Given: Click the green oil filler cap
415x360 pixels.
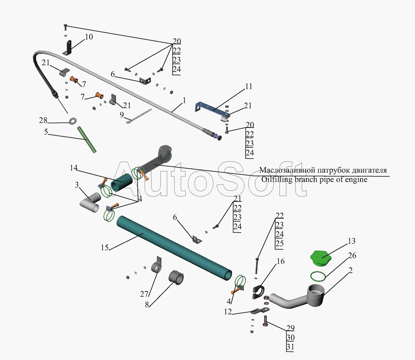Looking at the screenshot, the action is pos(320,258).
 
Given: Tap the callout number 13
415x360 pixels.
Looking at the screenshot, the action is pos(352,241).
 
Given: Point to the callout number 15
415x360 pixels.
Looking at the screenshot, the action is pos(105,248).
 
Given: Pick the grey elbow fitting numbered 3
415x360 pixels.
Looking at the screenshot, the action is pos(90,202).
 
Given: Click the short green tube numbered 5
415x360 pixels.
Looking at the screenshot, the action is pos(87,139).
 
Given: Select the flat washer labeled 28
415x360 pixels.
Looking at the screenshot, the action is pos(73,121).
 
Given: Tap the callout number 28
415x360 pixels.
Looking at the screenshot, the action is pos(43,120).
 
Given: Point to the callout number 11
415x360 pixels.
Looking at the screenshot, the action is pos(248,86).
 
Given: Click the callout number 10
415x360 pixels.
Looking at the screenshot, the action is pos(89,37).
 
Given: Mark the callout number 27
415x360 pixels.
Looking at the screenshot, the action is pos(144,294).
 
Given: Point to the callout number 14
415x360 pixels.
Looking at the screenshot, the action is pos(74,168).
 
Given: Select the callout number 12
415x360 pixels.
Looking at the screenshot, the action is pos(228,312).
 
